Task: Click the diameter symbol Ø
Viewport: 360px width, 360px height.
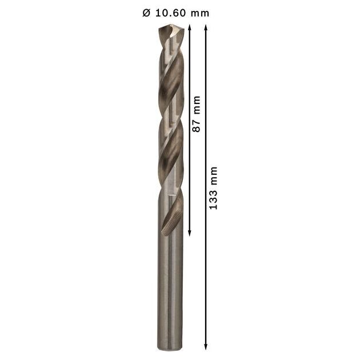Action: point(146,13)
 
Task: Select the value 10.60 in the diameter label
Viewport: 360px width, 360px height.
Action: point(171,13)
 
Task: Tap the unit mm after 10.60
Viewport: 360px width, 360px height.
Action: point(200,14)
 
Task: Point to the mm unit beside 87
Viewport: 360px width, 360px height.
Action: point(197,105)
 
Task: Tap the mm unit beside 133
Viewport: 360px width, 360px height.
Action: point(214,176)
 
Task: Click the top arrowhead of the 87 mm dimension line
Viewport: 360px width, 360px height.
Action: point(190,27)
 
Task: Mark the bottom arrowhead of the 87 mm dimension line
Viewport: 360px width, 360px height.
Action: point(190,233)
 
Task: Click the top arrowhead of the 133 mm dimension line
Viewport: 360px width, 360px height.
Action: point(206,27)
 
